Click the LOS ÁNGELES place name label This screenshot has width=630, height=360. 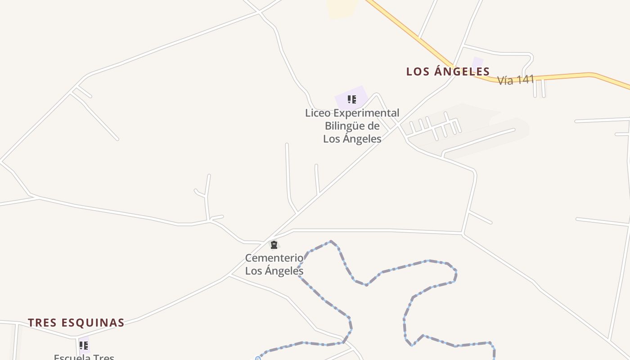pos(448,72)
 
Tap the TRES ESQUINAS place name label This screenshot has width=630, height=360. pos(76,323)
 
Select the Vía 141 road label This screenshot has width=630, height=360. pos(515,80)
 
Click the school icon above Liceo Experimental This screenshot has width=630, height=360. pos(351,99)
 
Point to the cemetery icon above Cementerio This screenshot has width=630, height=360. pos(274,245)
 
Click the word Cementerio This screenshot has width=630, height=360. pos(274,258)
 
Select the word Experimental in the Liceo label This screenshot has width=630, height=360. pos(366,113)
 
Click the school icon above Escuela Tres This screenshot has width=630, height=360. pos(83,345)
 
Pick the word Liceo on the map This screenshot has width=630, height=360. pos(318,113)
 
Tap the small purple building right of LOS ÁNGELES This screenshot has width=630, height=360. pos(477,63)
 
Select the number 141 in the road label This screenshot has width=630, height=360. pos(525,80)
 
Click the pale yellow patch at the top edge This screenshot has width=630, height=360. pos(342,8)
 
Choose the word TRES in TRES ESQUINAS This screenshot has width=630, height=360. pos(43,323)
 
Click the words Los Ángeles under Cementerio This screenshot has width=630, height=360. pos(274,271)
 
